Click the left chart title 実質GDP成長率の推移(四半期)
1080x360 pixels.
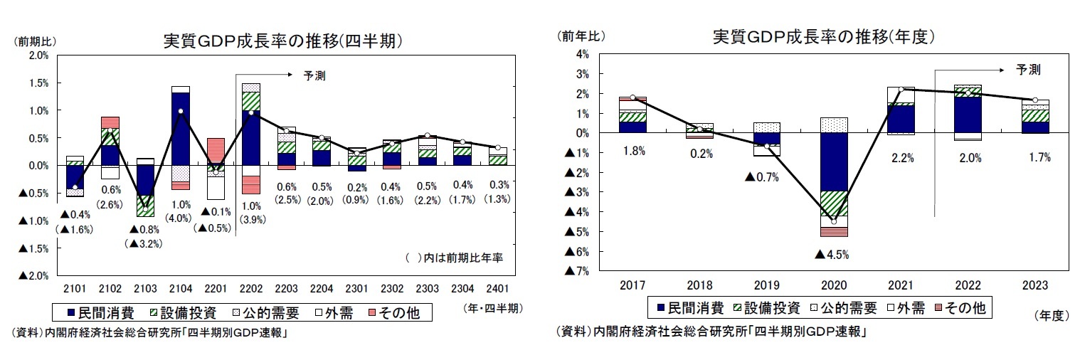point(282,41)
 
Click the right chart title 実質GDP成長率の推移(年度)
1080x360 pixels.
point(823,37)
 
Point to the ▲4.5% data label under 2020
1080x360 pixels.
point(832,254)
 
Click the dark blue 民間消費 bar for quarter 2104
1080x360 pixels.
point(180,128)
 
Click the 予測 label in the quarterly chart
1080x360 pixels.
point(314,75)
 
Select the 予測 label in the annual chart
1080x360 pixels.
point(1028,70)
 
